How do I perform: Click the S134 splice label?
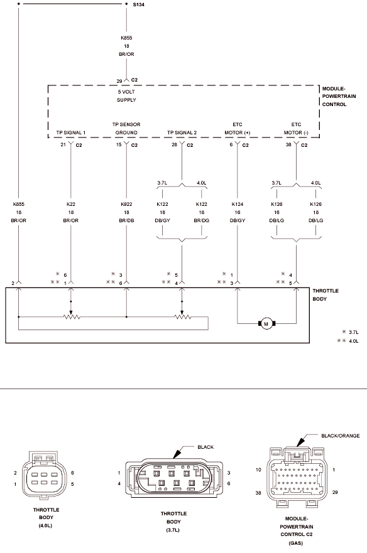138,4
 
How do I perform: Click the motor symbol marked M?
266,324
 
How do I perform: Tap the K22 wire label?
70,204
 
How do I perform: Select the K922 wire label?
126,204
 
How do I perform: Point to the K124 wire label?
238,204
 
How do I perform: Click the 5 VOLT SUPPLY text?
126,95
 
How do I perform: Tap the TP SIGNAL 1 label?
70,132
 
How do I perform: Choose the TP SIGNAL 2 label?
182,132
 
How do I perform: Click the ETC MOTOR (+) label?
238,129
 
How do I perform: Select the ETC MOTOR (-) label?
296,129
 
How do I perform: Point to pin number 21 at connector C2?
63,144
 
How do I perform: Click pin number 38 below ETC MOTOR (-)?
288,144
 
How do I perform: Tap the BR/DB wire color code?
126,220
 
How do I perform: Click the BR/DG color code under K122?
201,220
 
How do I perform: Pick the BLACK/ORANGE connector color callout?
340,436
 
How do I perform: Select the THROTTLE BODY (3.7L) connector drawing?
174,478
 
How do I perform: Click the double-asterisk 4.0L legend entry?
348,341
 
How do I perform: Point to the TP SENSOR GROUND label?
126,129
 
